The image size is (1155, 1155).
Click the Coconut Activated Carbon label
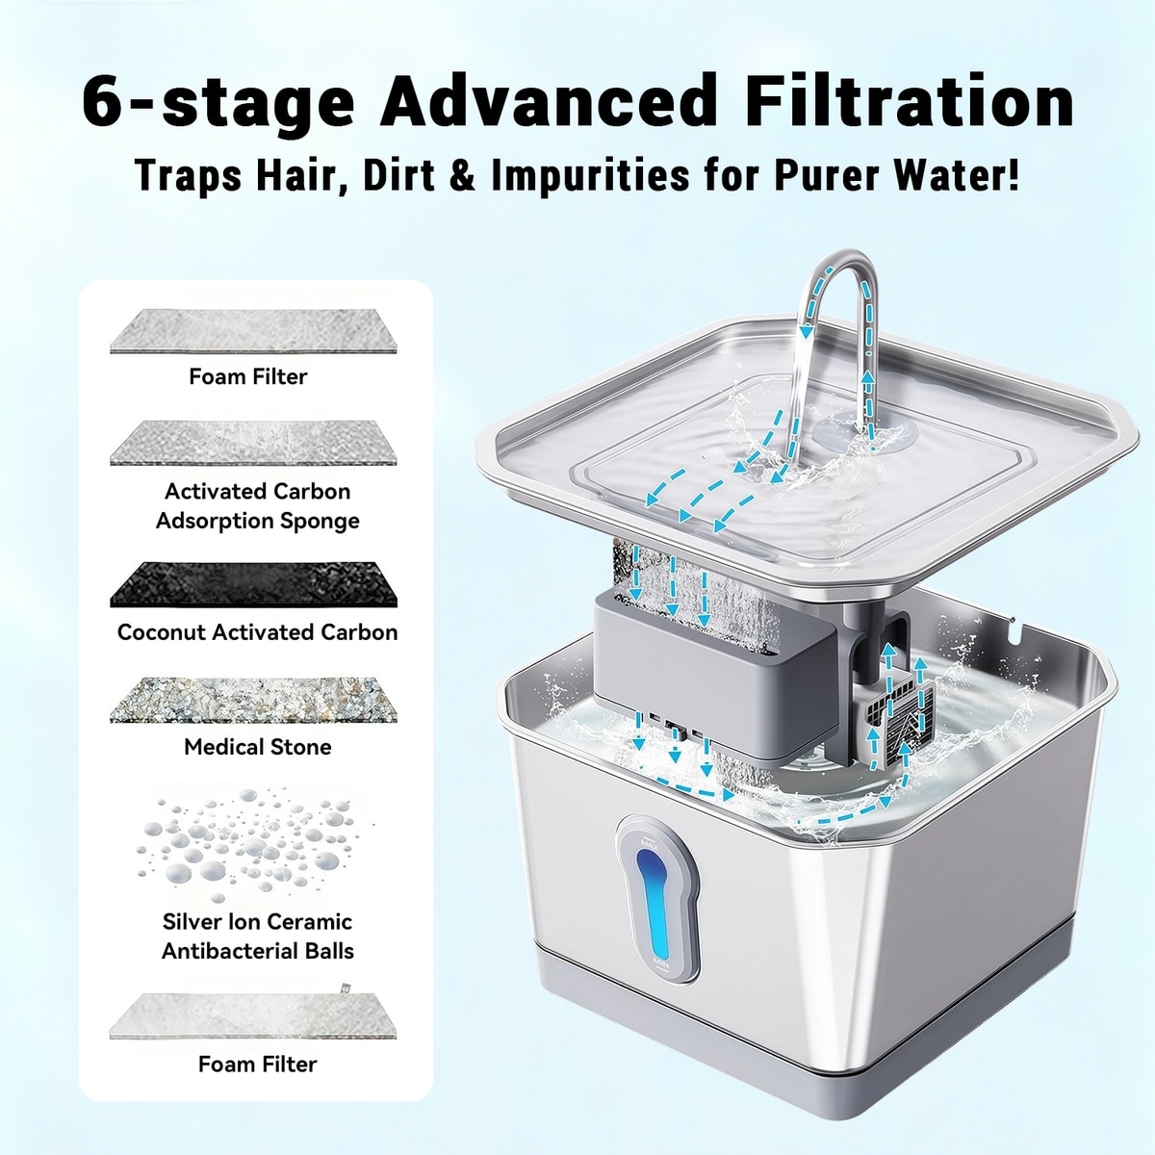258,631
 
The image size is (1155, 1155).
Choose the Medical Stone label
258,747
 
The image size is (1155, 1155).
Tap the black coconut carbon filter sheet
253,584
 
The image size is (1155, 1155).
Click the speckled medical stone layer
253,700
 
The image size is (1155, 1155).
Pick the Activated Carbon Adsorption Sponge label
258,506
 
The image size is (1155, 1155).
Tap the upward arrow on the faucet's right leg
866,397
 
